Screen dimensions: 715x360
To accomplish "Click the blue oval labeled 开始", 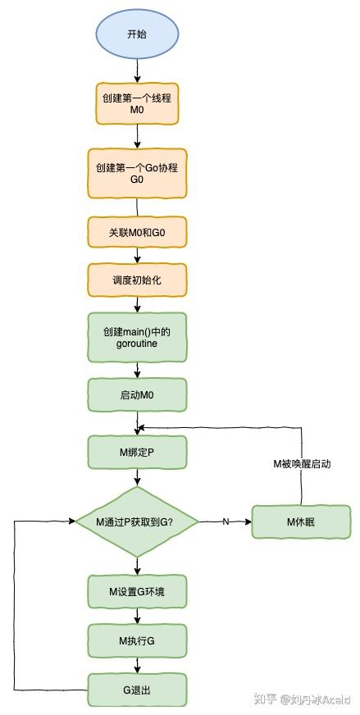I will (138, 35).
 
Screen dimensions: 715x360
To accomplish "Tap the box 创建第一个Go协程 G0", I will (138, 172).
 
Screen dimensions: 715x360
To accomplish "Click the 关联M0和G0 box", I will (138, 233).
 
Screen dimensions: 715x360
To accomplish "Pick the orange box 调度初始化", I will (138, 280).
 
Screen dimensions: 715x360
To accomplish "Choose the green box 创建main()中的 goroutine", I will (138, 337).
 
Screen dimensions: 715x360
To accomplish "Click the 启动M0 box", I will (138, 394).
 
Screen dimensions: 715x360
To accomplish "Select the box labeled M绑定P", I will (138, 452).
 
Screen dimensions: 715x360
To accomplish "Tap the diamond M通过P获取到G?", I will (138, 521).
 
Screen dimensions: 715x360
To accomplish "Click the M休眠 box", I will (302, 521).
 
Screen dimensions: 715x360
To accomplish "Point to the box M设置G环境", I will (138, 590).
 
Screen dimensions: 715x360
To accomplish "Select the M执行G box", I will (138, 640).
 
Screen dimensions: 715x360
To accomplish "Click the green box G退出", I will (138, 690).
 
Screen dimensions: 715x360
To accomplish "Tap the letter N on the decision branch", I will (226, 521).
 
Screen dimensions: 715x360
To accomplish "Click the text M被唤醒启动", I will (302, 463).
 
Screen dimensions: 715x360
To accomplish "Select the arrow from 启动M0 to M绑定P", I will (138, 422).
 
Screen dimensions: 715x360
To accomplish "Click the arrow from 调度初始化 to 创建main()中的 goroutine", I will (138, 304).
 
